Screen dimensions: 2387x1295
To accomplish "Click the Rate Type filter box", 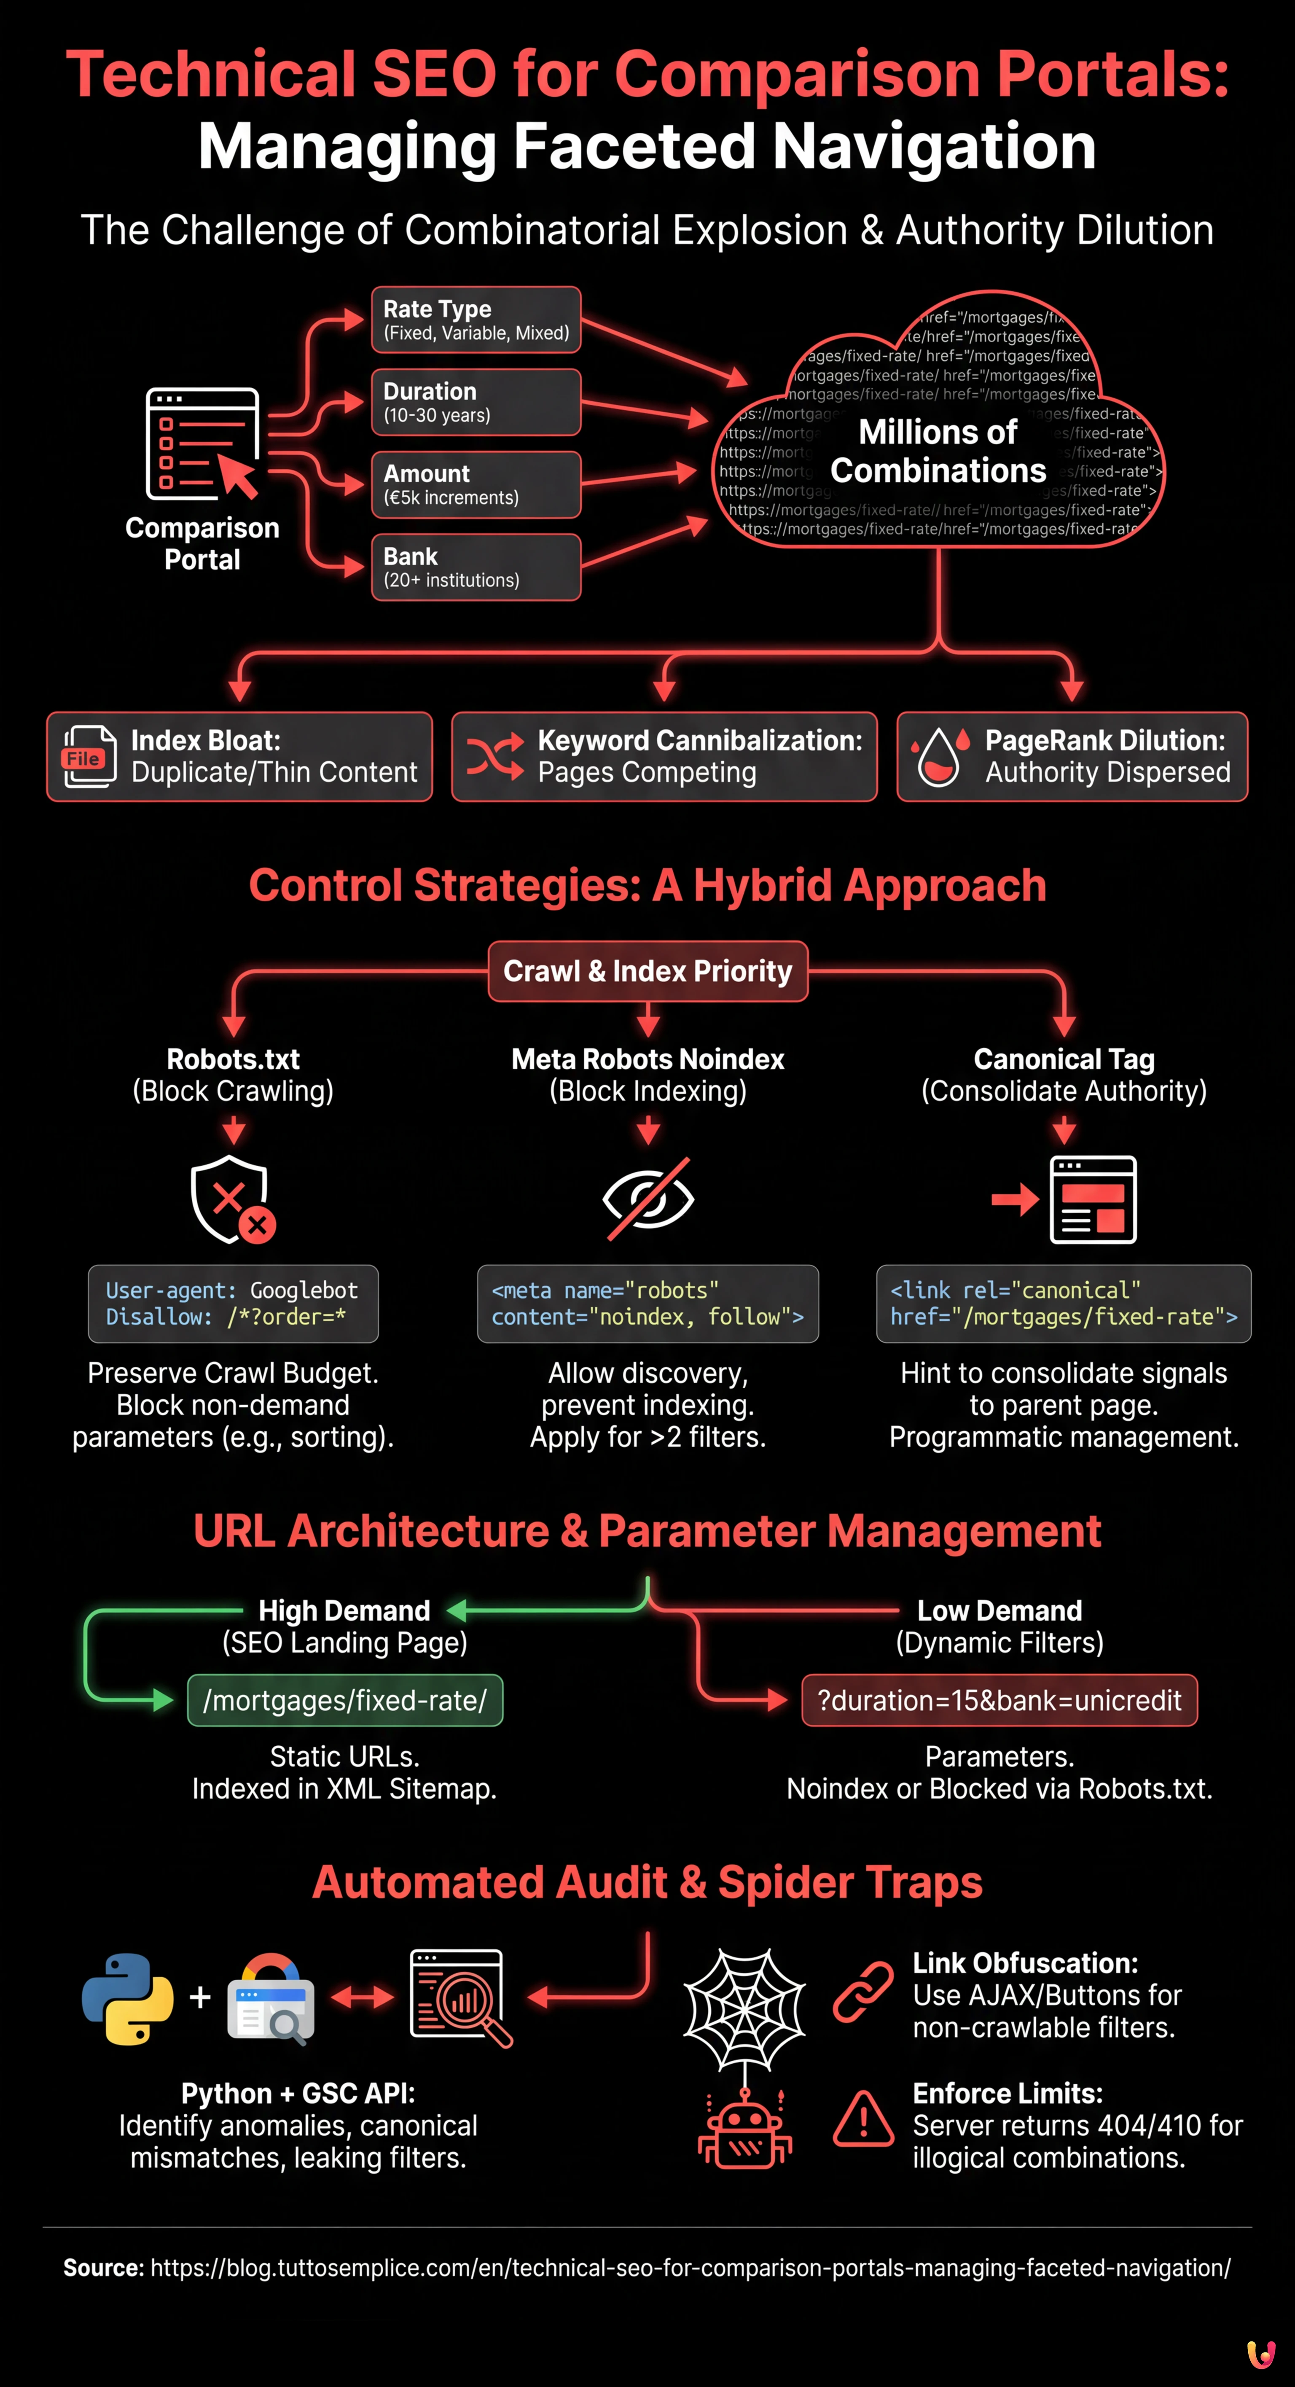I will click(476, 320).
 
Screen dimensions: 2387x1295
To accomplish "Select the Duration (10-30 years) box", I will click(476, 402).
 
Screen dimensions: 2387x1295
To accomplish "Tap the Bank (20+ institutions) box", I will click(476, 567).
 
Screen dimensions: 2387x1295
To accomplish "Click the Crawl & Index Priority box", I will click(647, 971).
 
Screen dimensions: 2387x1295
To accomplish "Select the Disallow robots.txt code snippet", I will click(234, 1304).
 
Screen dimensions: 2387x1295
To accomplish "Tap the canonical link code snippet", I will click(1064, 1304).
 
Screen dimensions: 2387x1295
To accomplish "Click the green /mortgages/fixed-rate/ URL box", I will click(344, 1700).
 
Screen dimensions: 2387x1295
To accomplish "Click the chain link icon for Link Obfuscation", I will click(863, 1991).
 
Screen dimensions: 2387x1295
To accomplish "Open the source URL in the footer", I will click(690, 2267).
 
